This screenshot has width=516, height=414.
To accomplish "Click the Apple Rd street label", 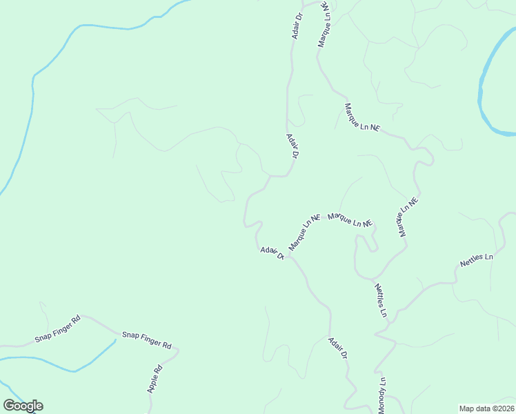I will click(x=155, y=378).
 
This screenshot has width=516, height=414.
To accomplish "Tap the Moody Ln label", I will click(x=381, y=392).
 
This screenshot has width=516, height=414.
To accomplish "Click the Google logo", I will click(x=23, y=406).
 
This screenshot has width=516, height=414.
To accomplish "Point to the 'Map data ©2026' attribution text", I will click(x=486, y=408).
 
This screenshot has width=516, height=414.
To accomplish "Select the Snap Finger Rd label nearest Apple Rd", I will click(x=146, y=339).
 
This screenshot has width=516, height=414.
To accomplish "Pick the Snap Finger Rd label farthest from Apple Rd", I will click(x=58, y=329).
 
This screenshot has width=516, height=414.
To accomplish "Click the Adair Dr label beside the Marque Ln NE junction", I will click(x=272, y=252).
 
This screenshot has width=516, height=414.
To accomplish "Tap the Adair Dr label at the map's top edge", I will click(x=299, y=25).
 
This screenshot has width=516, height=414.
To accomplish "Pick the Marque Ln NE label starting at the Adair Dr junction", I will click(x=304, y=232).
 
